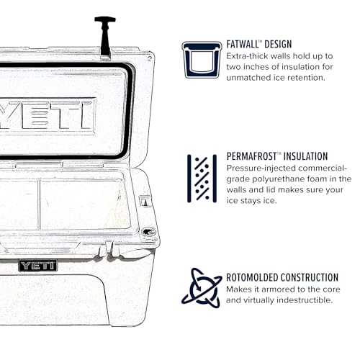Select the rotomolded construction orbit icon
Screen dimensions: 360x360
pos(201,287)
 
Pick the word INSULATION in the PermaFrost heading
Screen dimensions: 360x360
pos(308,156)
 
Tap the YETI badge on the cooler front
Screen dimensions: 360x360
pos(37,266)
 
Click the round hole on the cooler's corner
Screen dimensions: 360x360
pos(149,232)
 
